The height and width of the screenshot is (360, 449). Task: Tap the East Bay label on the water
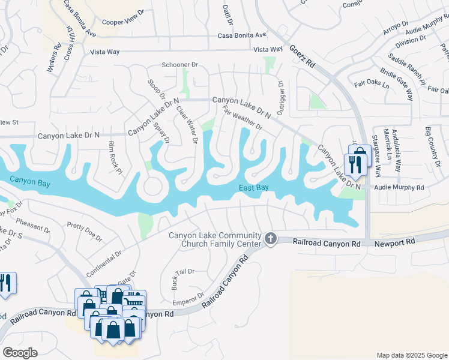253,188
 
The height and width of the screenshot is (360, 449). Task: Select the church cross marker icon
271,239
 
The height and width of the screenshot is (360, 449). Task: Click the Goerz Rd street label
302,53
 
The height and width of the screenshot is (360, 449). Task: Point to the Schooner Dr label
180,65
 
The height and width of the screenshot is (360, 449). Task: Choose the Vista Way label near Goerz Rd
268,49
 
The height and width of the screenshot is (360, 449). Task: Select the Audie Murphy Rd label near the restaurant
399,187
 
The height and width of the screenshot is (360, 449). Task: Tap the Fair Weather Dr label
243,118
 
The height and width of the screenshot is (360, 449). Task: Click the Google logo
20,352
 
